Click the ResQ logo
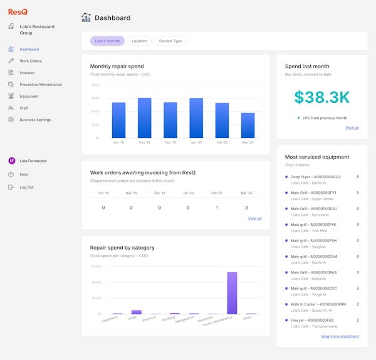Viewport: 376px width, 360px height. [x=18, y=11]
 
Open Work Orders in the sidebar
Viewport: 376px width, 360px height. [x=30, y=61]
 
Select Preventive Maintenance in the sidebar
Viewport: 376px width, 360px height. [x=40, y=84]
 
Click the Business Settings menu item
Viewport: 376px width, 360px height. [x=35, y=120]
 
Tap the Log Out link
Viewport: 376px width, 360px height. [x=26, y=187]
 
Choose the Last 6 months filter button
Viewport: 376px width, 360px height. [x=107, y=41]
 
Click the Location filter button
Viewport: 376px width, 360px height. [x=139, y=41]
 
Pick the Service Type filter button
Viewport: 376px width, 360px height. [x=170, y=41]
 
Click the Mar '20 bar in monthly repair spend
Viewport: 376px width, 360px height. [x=248, y=125]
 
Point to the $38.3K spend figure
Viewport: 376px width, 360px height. [x=322, y=97]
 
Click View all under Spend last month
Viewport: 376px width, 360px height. [x=352, y=127]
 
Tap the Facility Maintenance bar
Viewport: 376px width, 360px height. [x=232, y=293]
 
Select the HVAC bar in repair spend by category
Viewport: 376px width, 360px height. [x=136, y=312]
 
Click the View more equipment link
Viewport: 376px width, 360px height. [x=340, y=336]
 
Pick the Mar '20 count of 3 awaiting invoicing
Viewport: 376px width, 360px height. [x=246, y=208]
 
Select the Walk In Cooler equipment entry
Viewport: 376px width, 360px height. [x=315, y=304]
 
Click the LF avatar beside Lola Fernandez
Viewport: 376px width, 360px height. [x=11, y=161]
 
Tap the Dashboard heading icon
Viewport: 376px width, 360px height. [x=86, y=18]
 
